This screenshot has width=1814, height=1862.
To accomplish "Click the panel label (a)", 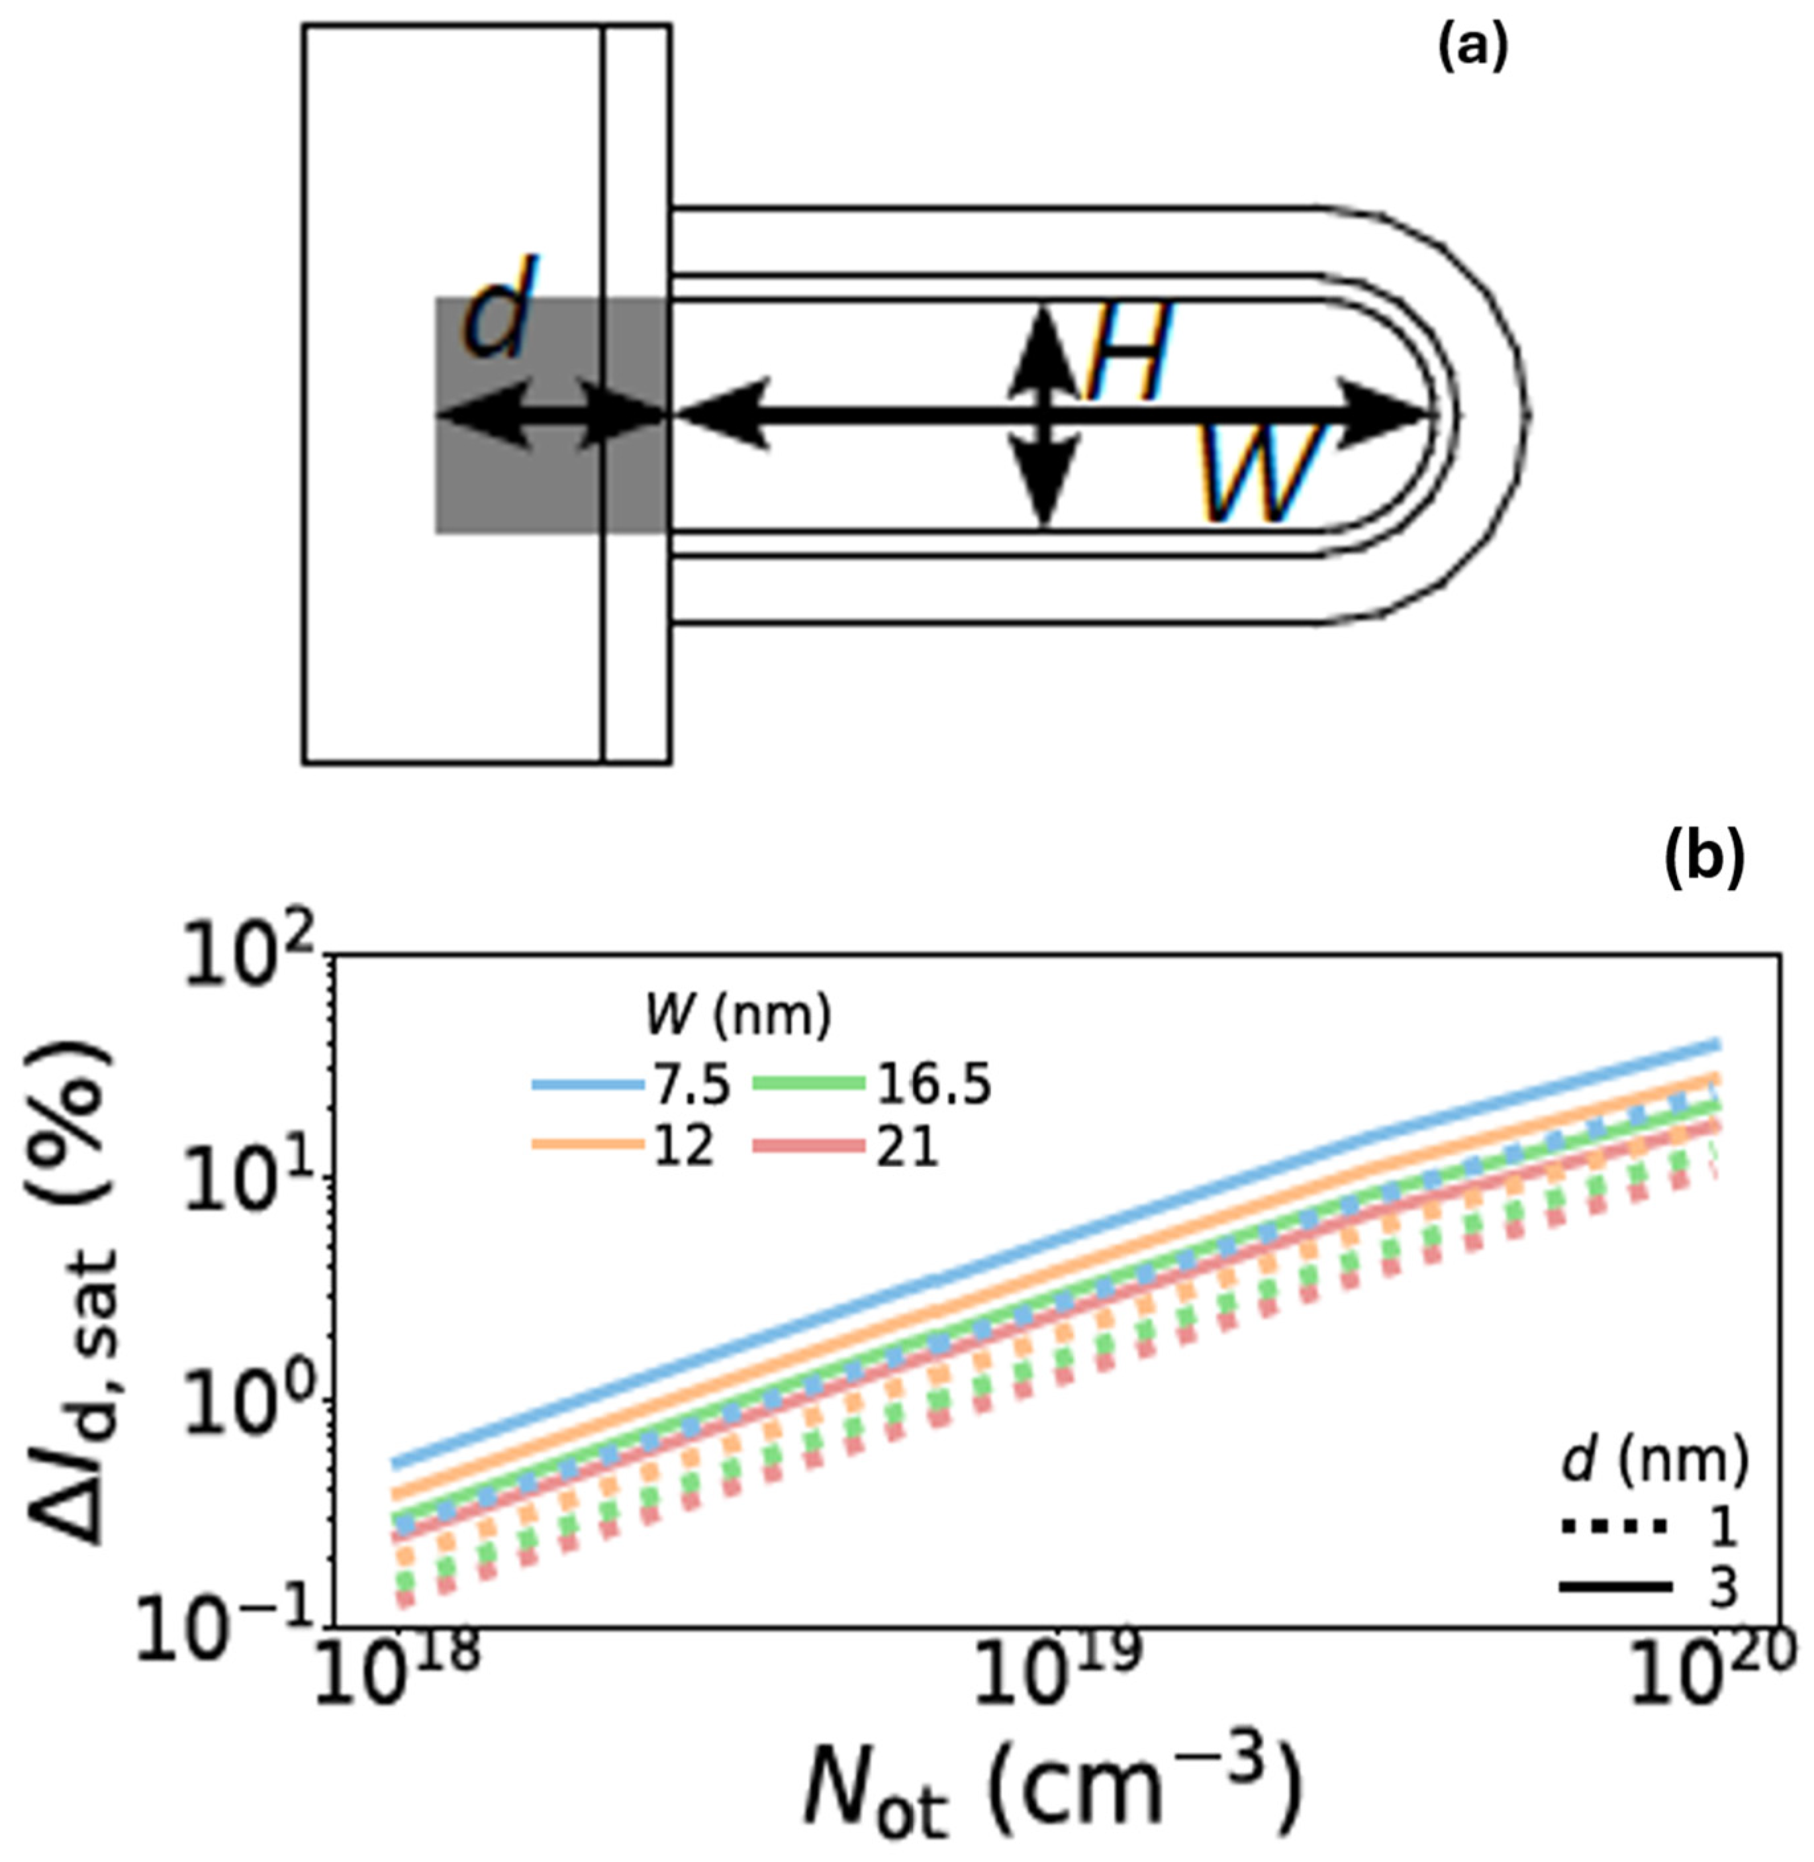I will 1472,48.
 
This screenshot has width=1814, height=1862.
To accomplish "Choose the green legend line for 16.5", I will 809,1085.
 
